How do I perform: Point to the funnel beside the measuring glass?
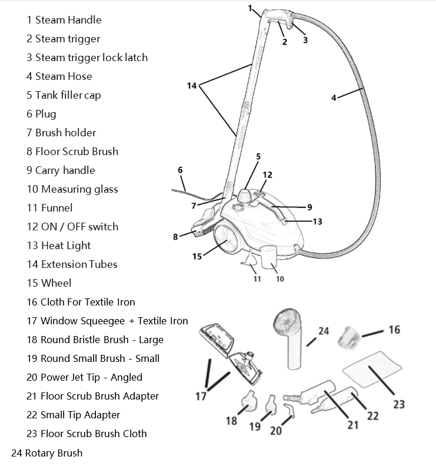coord(251,258)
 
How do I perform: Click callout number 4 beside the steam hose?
coord(334,98)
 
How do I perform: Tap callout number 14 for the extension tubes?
coord(192,86)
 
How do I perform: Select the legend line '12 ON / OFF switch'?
coord(72,227)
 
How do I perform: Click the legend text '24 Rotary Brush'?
coord(46,453)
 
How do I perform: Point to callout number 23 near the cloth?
coord(399,404)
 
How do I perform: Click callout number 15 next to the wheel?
coord(197,256)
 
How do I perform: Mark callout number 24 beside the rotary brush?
coord(324,331)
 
